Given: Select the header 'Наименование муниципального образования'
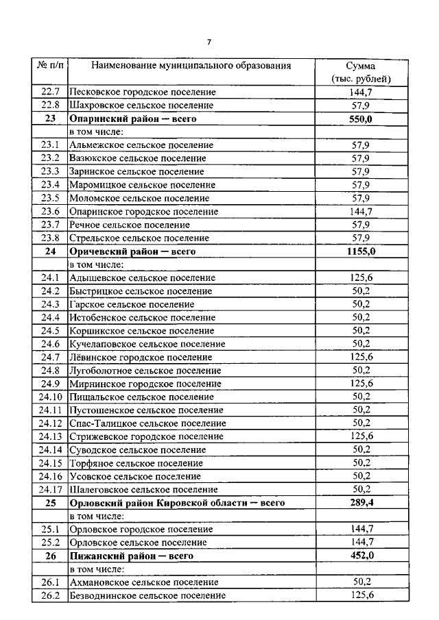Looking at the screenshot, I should click(191, 66).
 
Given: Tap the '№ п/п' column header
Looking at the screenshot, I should click(50, 66).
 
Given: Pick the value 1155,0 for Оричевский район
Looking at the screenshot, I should click(361, 251).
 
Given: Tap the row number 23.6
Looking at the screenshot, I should click(50, 212).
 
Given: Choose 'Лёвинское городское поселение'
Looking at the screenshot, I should click(141, 357).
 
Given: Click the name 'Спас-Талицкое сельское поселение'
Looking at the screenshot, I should click(148, 423).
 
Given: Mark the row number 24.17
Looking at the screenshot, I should click(50, 490).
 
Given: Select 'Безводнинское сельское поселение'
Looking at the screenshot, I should click(148, 595).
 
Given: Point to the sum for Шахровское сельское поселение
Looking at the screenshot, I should click(361, 106).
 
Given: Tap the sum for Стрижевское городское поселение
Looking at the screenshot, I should click(361, 436).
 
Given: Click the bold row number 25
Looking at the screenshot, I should click(50, 503).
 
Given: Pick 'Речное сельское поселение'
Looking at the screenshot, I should click(130, 225).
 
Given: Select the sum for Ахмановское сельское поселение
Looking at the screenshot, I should click(361, 582).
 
